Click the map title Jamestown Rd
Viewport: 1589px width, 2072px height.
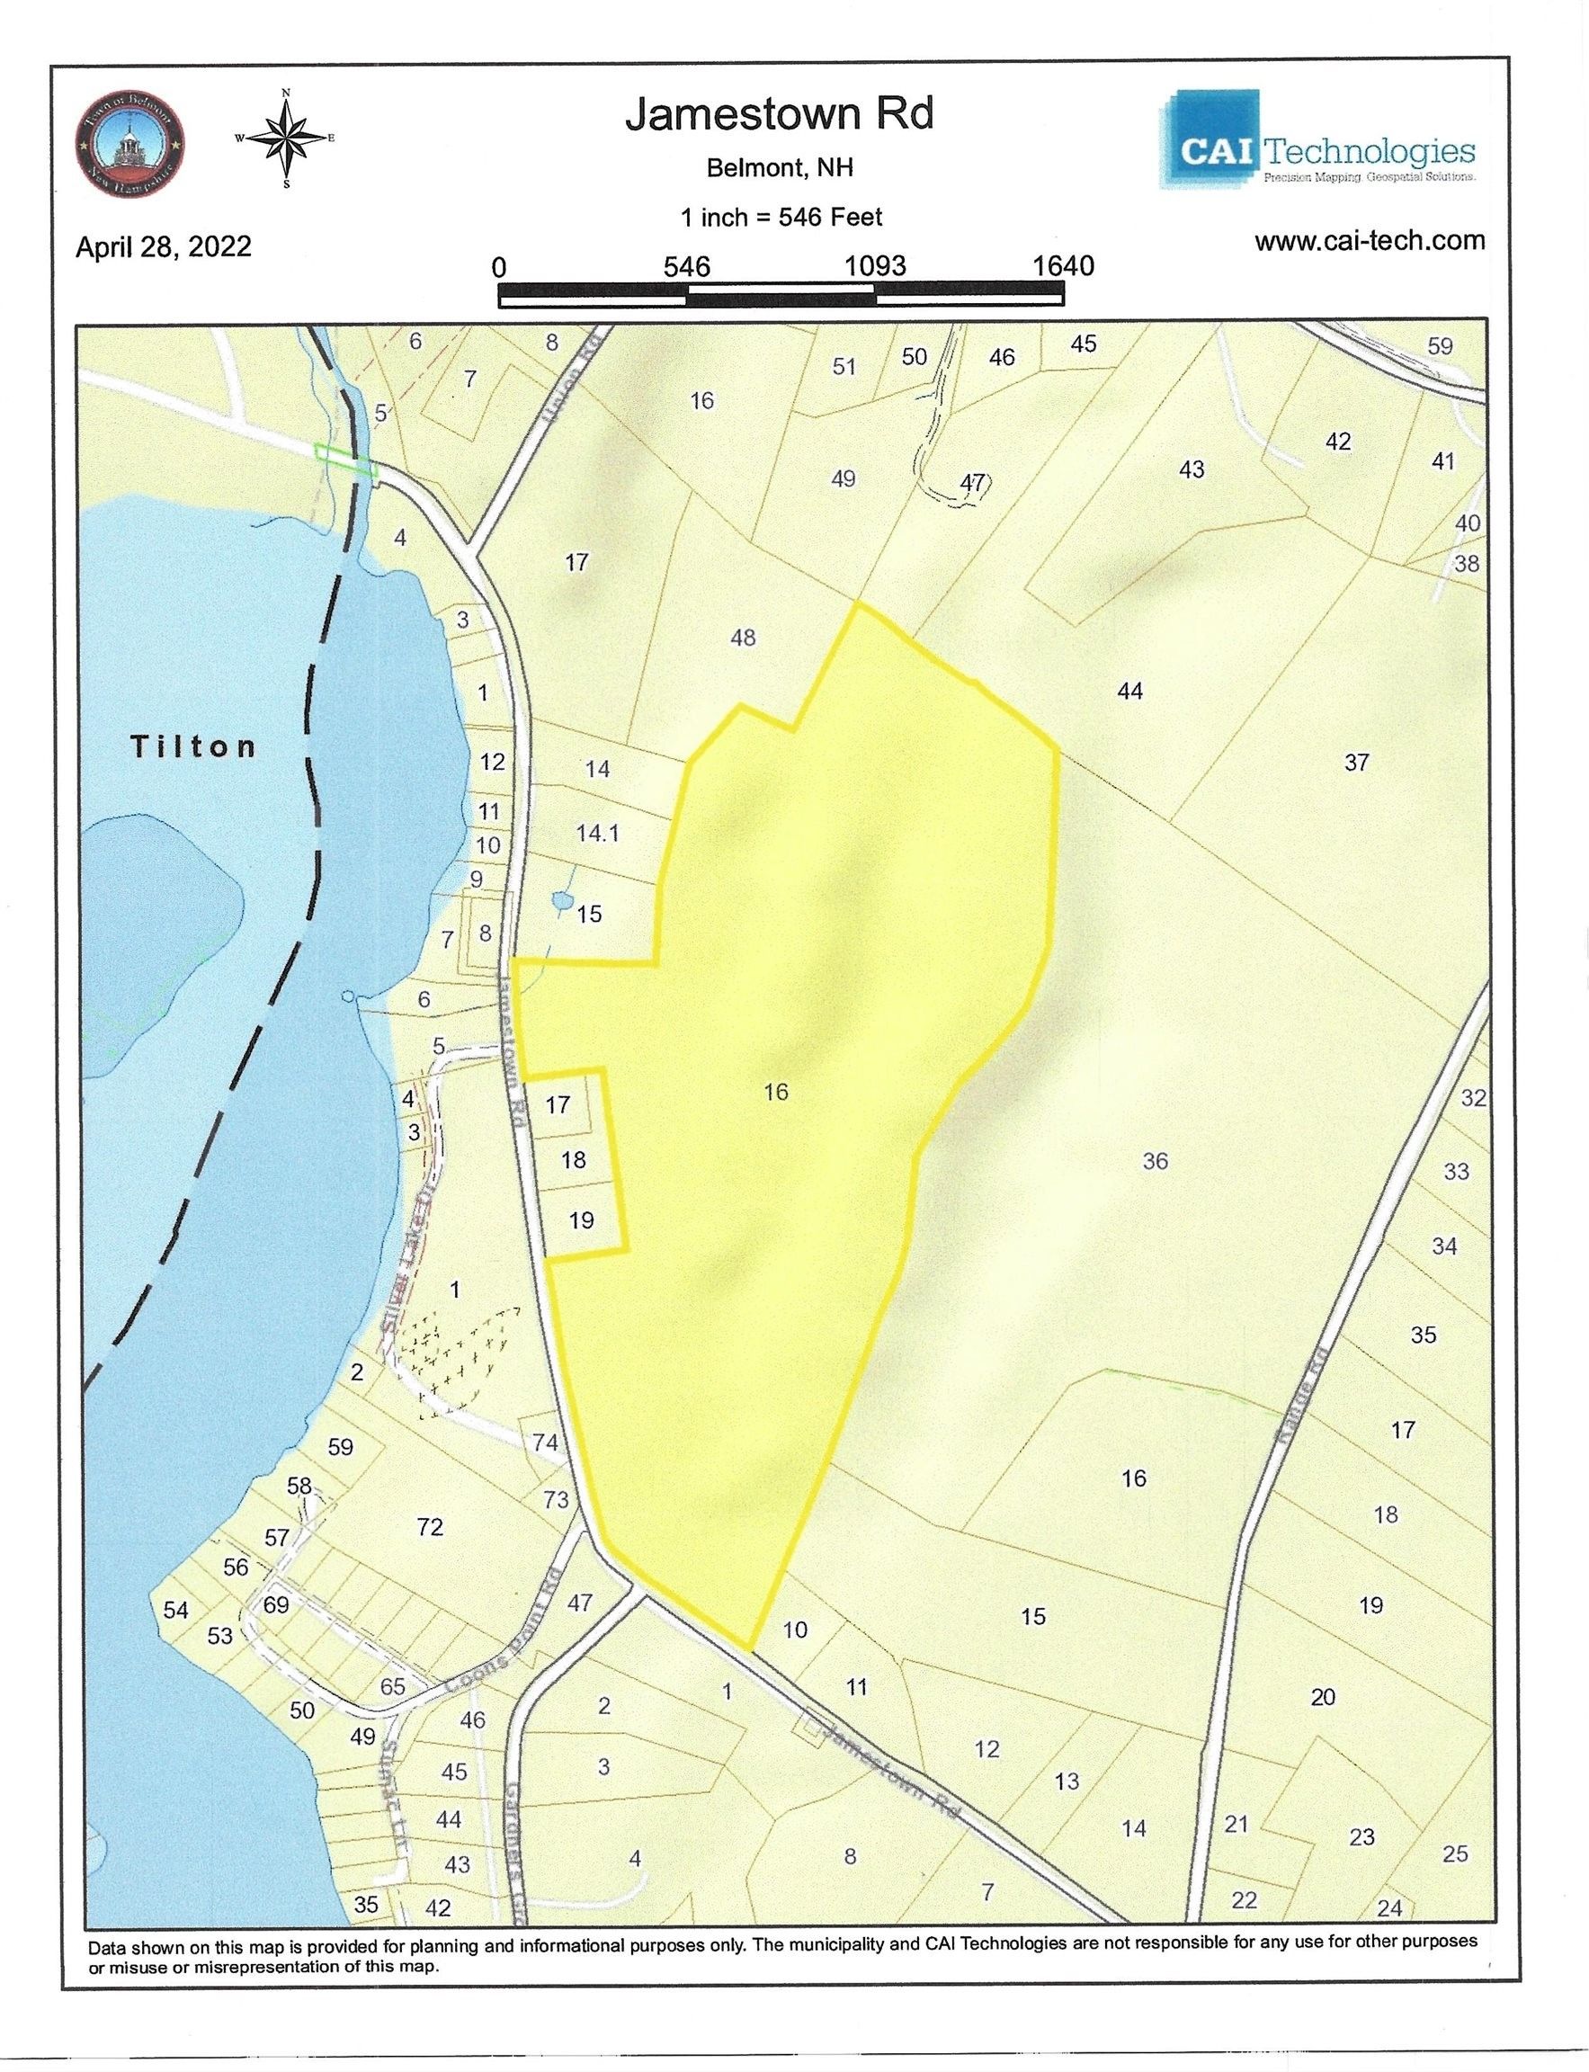(x=779, y=114)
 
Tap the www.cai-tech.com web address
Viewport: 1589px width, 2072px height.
(x=1369, y=240)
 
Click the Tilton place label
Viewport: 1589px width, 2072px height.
(x=193, y=746)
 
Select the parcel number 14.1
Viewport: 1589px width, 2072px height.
(x=597, y=833)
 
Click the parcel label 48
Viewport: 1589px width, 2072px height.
(x=743, y=638)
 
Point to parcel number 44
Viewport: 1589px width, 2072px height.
(x=1129, y=692)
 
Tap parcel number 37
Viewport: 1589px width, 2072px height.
(x=1355, y=762)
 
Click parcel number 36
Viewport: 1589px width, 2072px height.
(x=1155, y=1160)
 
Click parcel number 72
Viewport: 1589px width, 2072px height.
(x=430, y=1526)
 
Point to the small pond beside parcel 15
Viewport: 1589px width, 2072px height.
(x=561, y=902)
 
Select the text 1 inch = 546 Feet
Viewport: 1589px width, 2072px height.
(x=781, y=218)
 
